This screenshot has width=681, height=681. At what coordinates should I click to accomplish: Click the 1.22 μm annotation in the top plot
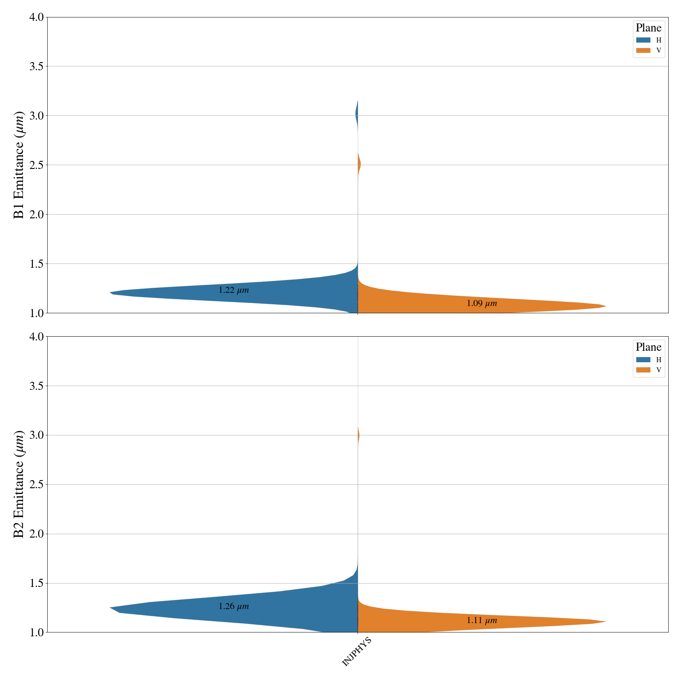pyautogui.click(x=233, y=290)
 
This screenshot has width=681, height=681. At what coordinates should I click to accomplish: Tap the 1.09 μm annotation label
pyautogui.click(x=481, y=303)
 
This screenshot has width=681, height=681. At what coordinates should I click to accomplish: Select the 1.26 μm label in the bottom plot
pyautogui.click(x=233, y=607)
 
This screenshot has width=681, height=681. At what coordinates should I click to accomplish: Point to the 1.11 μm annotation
pyautogui.click(x=481, y=621)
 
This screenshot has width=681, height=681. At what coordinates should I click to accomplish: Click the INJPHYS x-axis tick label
pyautogui.click(x=357, y=652)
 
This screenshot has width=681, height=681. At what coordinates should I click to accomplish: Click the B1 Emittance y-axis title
pyautogui.click(x=19, y=165)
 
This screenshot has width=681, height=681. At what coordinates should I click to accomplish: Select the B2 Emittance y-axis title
pyautogui.click(x=19, y=484)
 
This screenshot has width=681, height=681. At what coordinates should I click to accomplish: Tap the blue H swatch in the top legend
pyautogui.click(x=643, y=40)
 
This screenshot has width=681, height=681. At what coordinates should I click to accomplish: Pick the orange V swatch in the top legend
pyautogui.click(x=643, y=50)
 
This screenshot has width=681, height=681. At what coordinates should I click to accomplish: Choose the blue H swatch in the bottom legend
pyautogui.click(x=643, y=360)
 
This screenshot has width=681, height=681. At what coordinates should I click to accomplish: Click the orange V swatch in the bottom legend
pyautogui.click(x=643, y=370)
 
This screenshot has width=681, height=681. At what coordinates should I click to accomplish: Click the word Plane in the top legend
pyautogui.click(x=648, y=28)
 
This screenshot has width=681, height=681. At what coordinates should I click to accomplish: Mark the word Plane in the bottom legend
pyautogui.click(x=648, y=347)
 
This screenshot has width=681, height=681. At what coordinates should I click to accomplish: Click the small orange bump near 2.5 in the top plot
pyautogui.click(x=359, y=164)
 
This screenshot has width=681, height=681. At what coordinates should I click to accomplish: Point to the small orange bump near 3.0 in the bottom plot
pyautogui.click(x=358, y=435)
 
